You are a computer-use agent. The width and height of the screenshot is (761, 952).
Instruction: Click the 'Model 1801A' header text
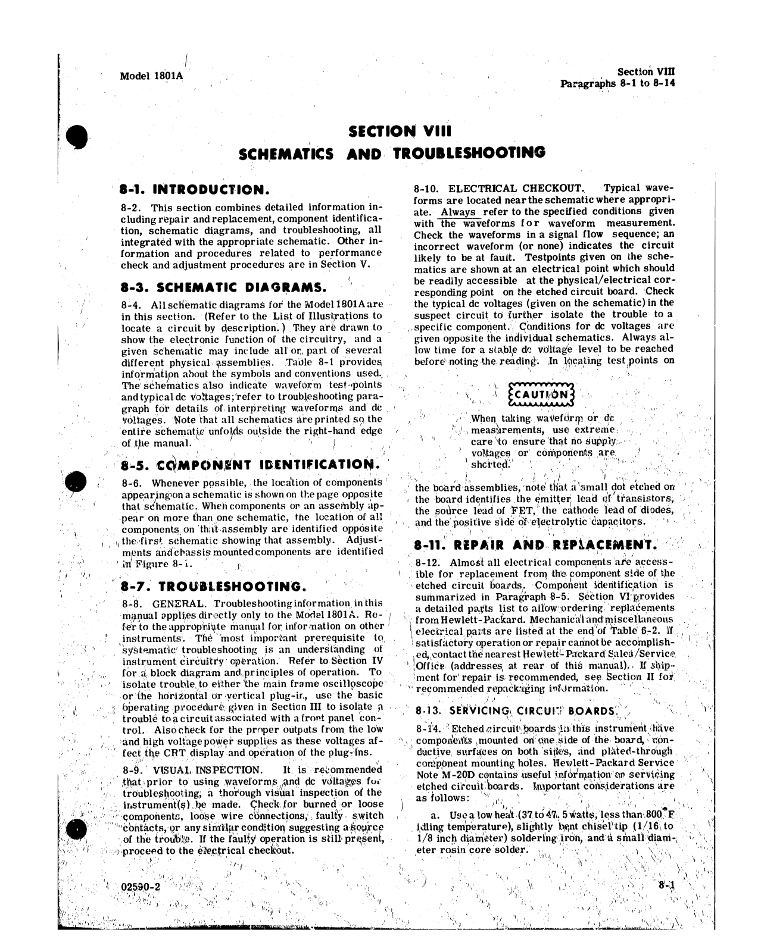(151, 76)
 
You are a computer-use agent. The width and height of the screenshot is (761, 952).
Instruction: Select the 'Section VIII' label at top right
(646, 71)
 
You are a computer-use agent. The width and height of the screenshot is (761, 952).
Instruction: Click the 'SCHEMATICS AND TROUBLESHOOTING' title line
(391, 154)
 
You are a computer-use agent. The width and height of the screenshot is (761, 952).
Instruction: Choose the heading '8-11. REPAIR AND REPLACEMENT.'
(535, 544)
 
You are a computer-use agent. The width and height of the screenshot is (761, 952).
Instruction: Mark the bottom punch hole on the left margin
(79, 832)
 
